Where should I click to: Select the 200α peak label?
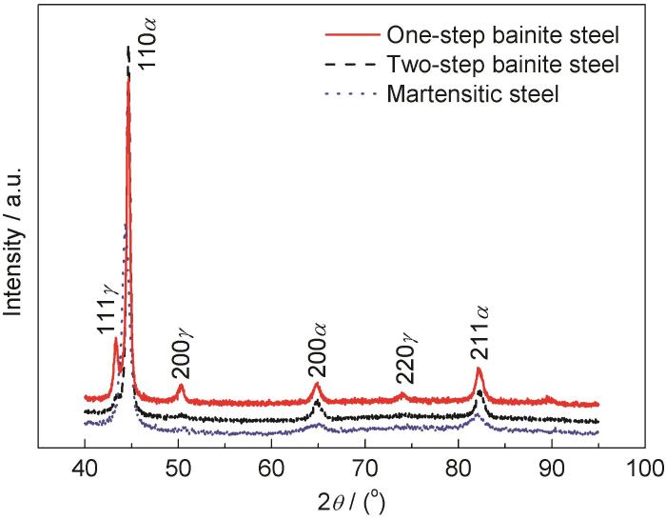318,351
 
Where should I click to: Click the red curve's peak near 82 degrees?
479,369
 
